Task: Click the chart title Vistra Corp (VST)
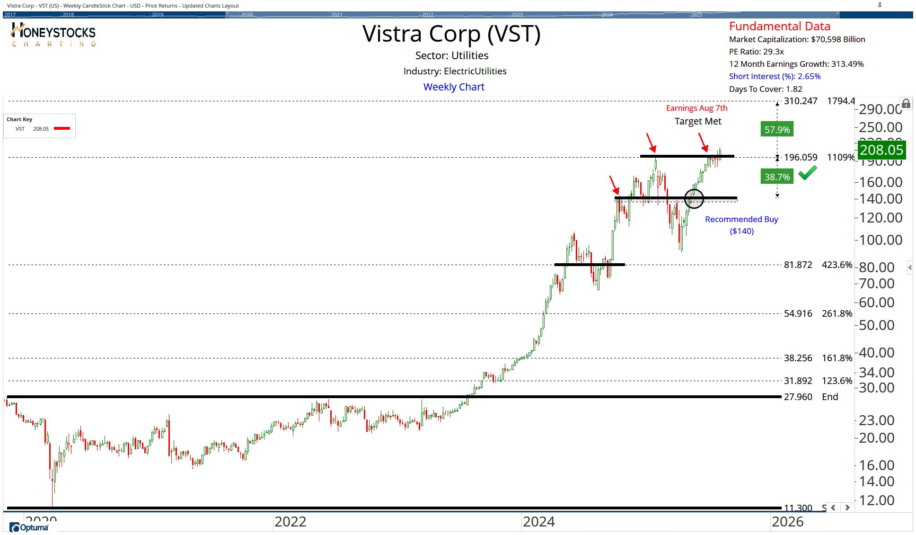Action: point(451,34)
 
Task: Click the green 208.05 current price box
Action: point(881,150)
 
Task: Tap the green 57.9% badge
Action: point(777,130)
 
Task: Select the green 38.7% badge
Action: point(777,177)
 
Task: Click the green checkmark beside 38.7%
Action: point(807,173)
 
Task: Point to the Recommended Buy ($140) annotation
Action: point(741,225)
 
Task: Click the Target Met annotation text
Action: point(698,122)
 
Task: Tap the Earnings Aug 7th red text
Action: point(696,108)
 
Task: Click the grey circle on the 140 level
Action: point(694,198)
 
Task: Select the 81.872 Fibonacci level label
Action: point(798,265)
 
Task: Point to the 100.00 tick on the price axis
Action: point(881,240)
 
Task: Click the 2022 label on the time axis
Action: point(290,522)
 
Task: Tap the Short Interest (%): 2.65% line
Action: point(775,77)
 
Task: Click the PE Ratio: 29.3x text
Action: point(756,52)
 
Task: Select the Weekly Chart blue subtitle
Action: point(454,87)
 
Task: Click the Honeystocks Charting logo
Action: point(53,36)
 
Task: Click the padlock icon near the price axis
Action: point(906,104)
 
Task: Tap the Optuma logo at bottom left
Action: point(29,527)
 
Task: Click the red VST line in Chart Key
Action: point(62,128)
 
